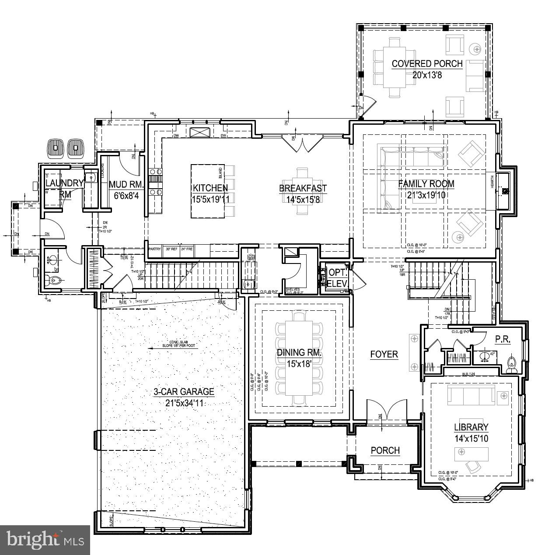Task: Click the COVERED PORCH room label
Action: pyautogui.click(x=427, y=64)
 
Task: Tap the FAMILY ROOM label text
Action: pyautogui.click(x=426, y=184)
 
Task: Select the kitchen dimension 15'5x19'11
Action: pyautogui.click(x=210, y=199)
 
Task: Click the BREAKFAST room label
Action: pyautogui.click(x=303, y=188)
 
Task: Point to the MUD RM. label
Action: pyautogui.click(x=123, y=184)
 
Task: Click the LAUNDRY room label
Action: pyautogui.click(x=64, y=183)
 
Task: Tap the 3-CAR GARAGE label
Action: pyautogui.click(x=183, y=392)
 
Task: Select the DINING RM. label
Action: pyautogui.click(x=299, y=353)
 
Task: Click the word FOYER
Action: pyautogui.click(x=384, y=354)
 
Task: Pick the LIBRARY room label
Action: pyautogui.click(x=471, y=427)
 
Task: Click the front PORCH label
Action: pyautogui.click(x=385, y=450)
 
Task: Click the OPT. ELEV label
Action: pyautogui.click(x=337, y=277)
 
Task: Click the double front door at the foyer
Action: pyautogui.click(x=386, y=412)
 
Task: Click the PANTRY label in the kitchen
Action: pyautogui.click(x=155, y=249)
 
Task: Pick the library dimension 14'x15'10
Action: pyautogui.click(x=471, y=438)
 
